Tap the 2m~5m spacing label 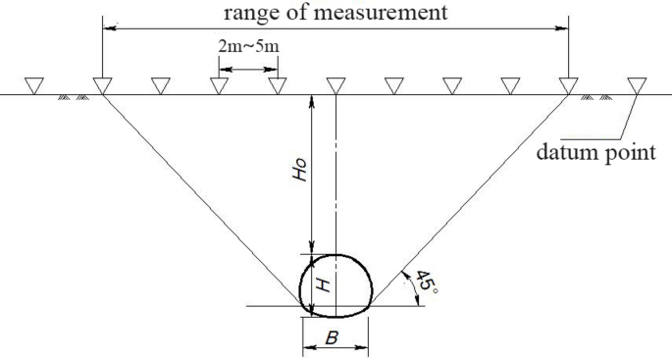(x=246, y=47)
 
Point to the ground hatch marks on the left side (x=74, y=97)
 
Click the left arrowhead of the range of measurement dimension (x=107, y=29)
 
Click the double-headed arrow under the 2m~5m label (x=248, y=69)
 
